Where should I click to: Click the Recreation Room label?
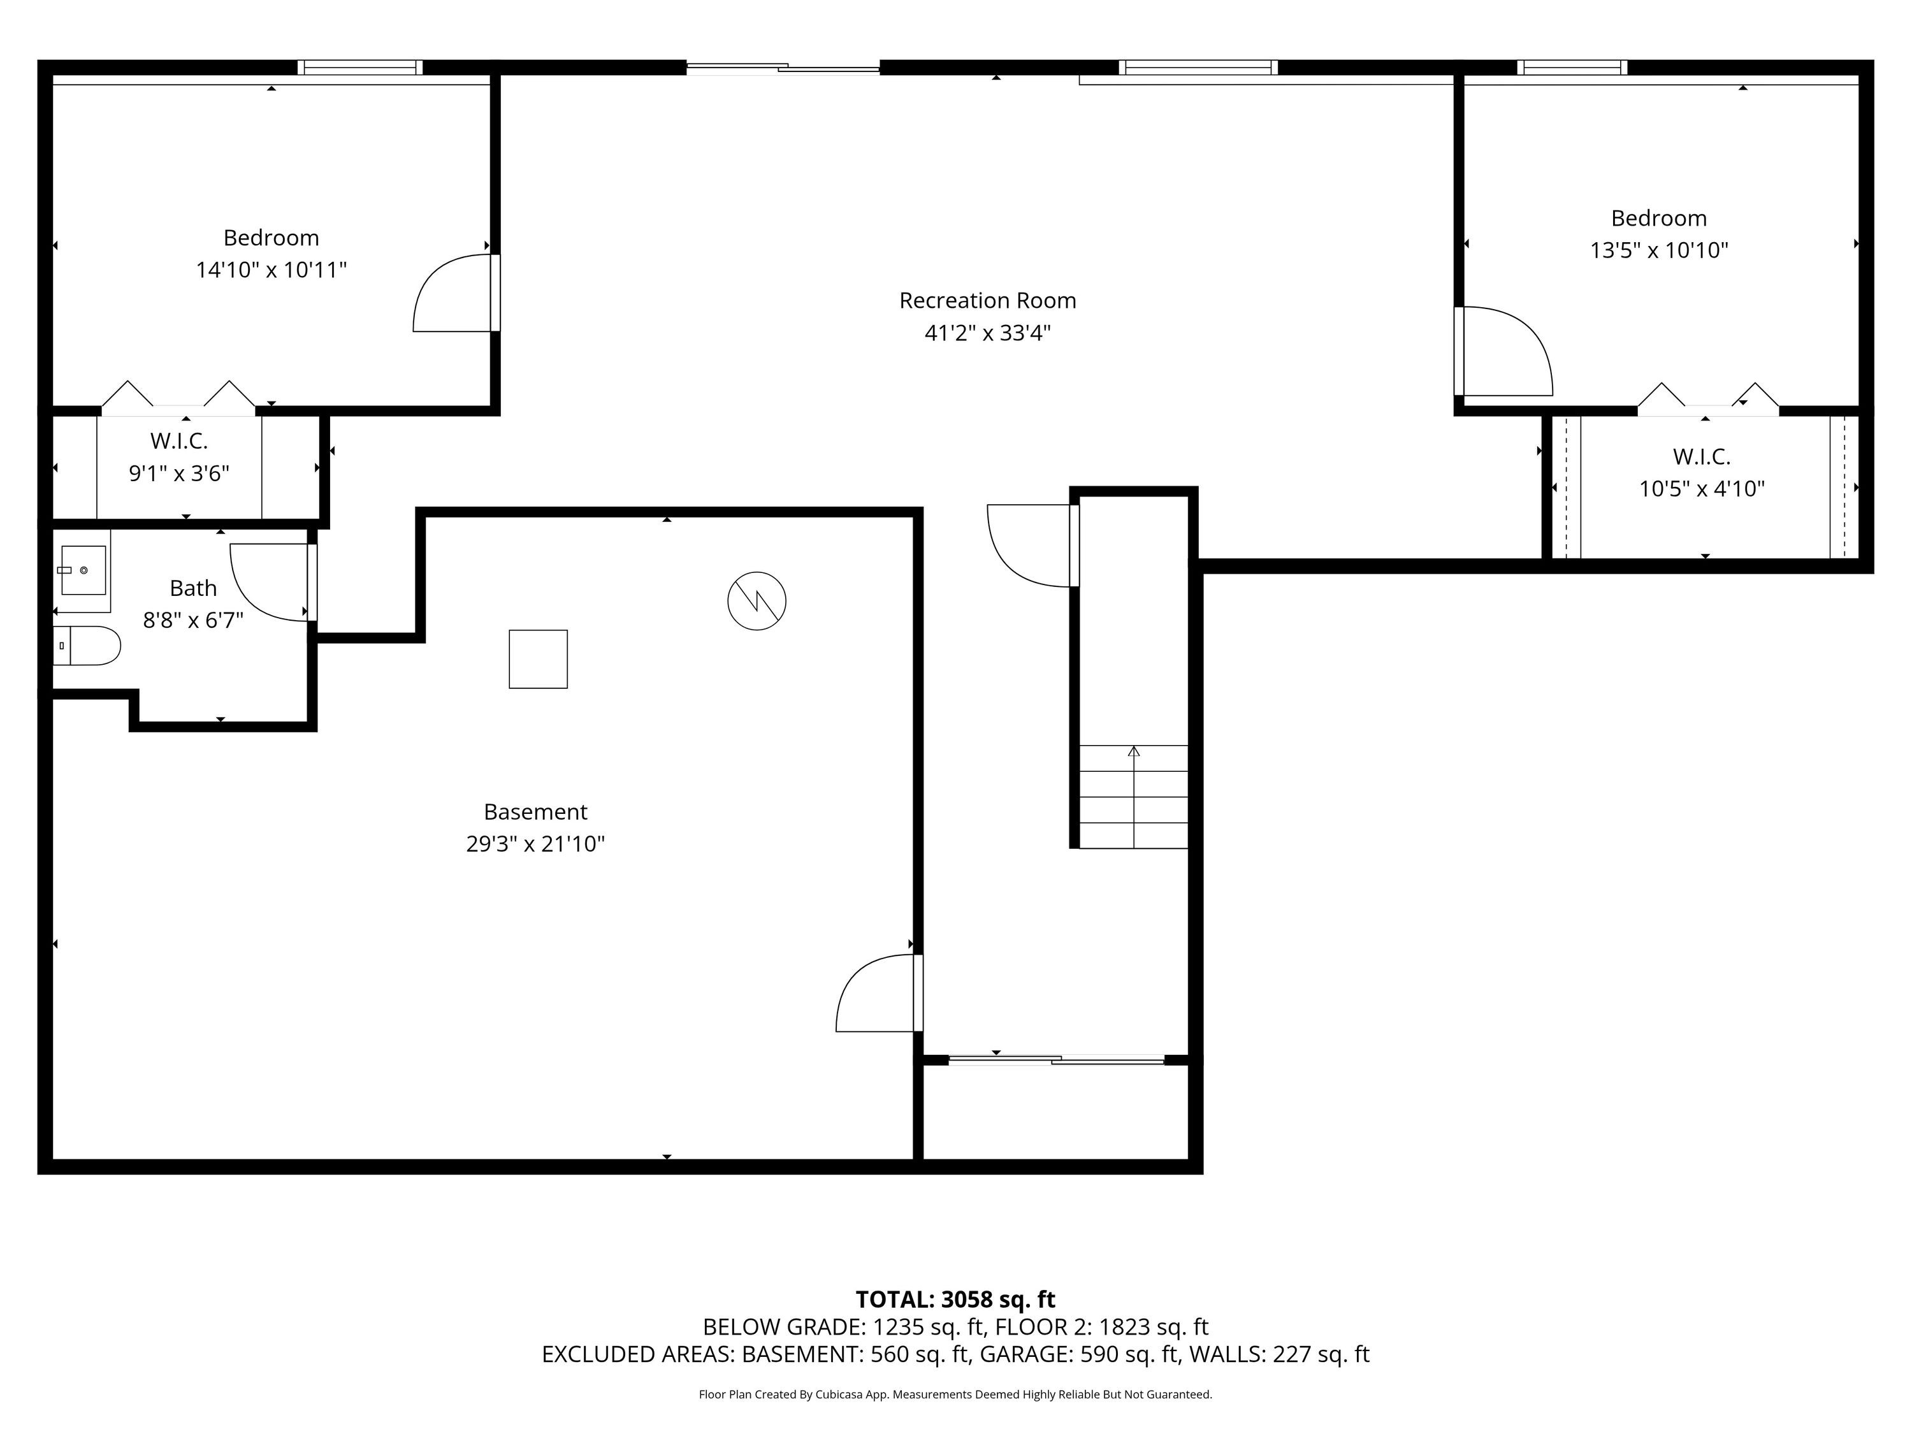click(x=987, y=301)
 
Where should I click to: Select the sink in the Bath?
click(x=83, y=570)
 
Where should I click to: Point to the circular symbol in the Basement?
click(x=757, y=601)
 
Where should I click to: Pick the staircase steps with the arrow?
click(x=1133, y=796)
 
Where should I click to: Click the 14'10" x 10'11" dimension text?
click(x=272, y=270)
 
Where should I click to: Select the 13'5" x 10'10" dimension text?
click(x=1659, y=250)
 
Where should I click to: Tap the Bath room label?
click(x=192, y=589)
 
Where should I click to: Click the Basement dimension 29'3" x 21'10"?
click(x=535, y=844)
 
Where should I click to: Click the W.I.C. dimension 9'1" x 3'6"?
click(x=179, y=474)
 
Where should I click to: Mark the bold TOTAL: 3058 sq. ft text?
click(x=955, y=1299)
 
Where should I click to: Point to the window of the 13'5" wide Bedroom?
click(x=1572, y=68)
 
